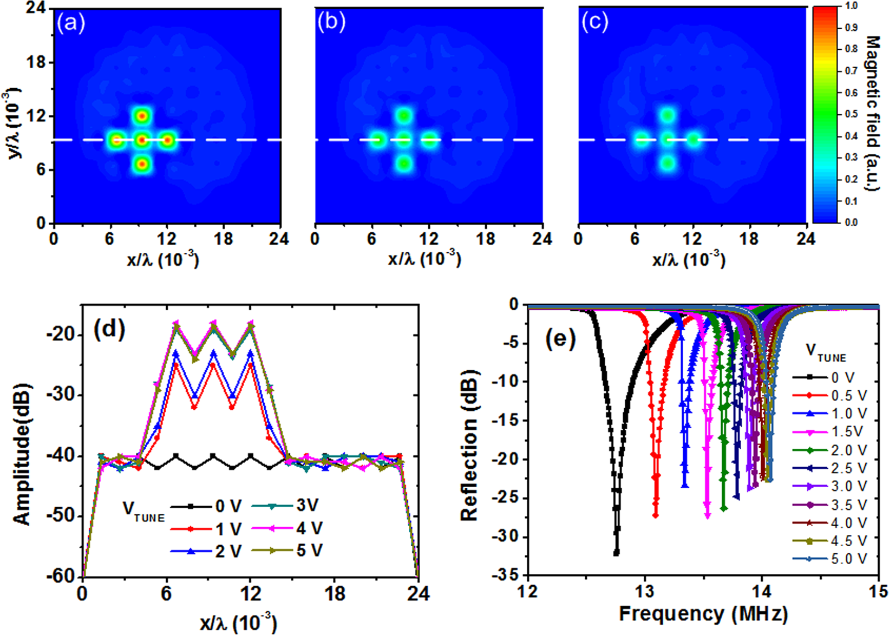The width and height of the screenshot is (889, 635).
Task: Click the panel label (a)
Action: coord(71,23)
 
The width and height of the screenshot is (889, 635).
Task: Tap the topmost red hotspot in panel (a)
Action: coord(141,115)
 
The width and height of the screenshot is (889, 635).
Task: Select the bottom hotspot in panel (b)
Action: coord(404,163)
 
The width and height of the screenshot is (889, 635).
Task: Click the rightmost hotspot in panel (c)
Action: coord(694,140)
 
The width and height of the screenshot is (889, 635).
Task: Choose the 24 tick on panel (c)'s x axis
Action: coord(806,239)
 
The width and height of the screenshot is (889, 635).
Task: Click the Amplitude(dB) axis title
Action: coord(22,455)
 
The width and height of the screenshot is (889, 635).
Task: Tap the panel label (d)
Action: coord(109,330)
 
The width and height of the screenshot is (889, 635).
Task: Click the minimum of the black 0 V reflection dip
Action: coord(616,553)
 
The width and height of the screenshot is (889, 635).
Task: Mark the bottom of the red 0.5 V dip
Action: coord(656,515)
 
